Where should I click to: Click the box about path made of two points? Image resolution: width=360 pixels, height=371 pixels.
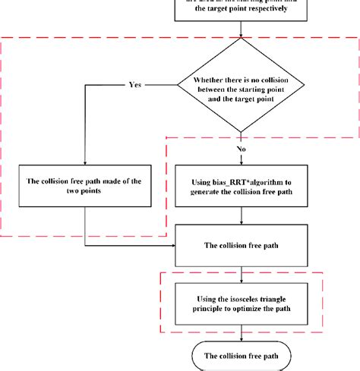click(x=85, y=186)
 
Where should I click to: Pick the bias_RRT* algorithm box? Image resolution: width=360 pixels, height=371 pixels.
click(x=241, y=186)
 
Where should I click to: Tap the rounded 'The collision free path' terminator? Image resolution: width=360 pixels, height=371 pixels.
click(x=241, y=354)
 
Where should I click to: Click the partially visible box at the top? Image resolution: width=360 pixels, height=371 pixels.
click(x=241, y=12)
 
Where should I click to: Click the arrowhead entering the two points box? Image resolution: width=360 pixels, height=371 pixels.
click(x=85, y=162)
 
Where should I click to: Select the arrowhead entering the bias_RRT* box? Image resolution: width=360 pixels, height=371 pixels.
click(x=241, y=162)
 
